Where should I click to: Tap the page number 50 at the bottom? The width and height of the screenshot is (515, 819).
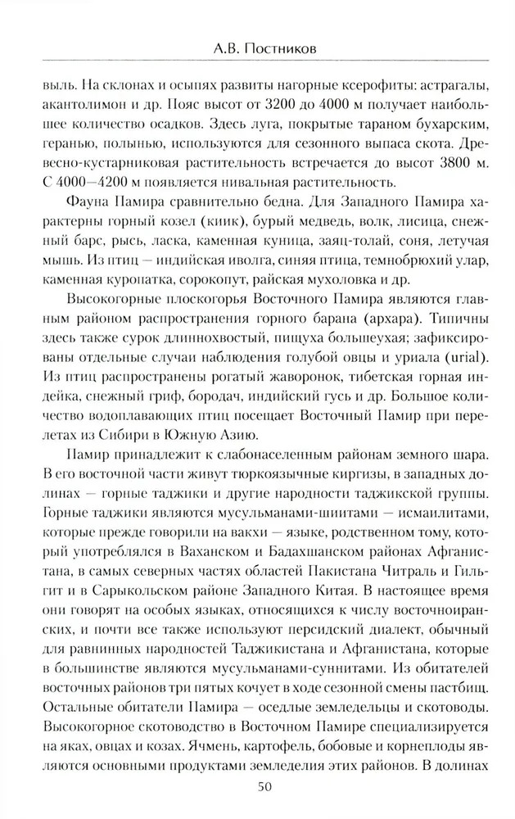[x=258, y=788]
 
